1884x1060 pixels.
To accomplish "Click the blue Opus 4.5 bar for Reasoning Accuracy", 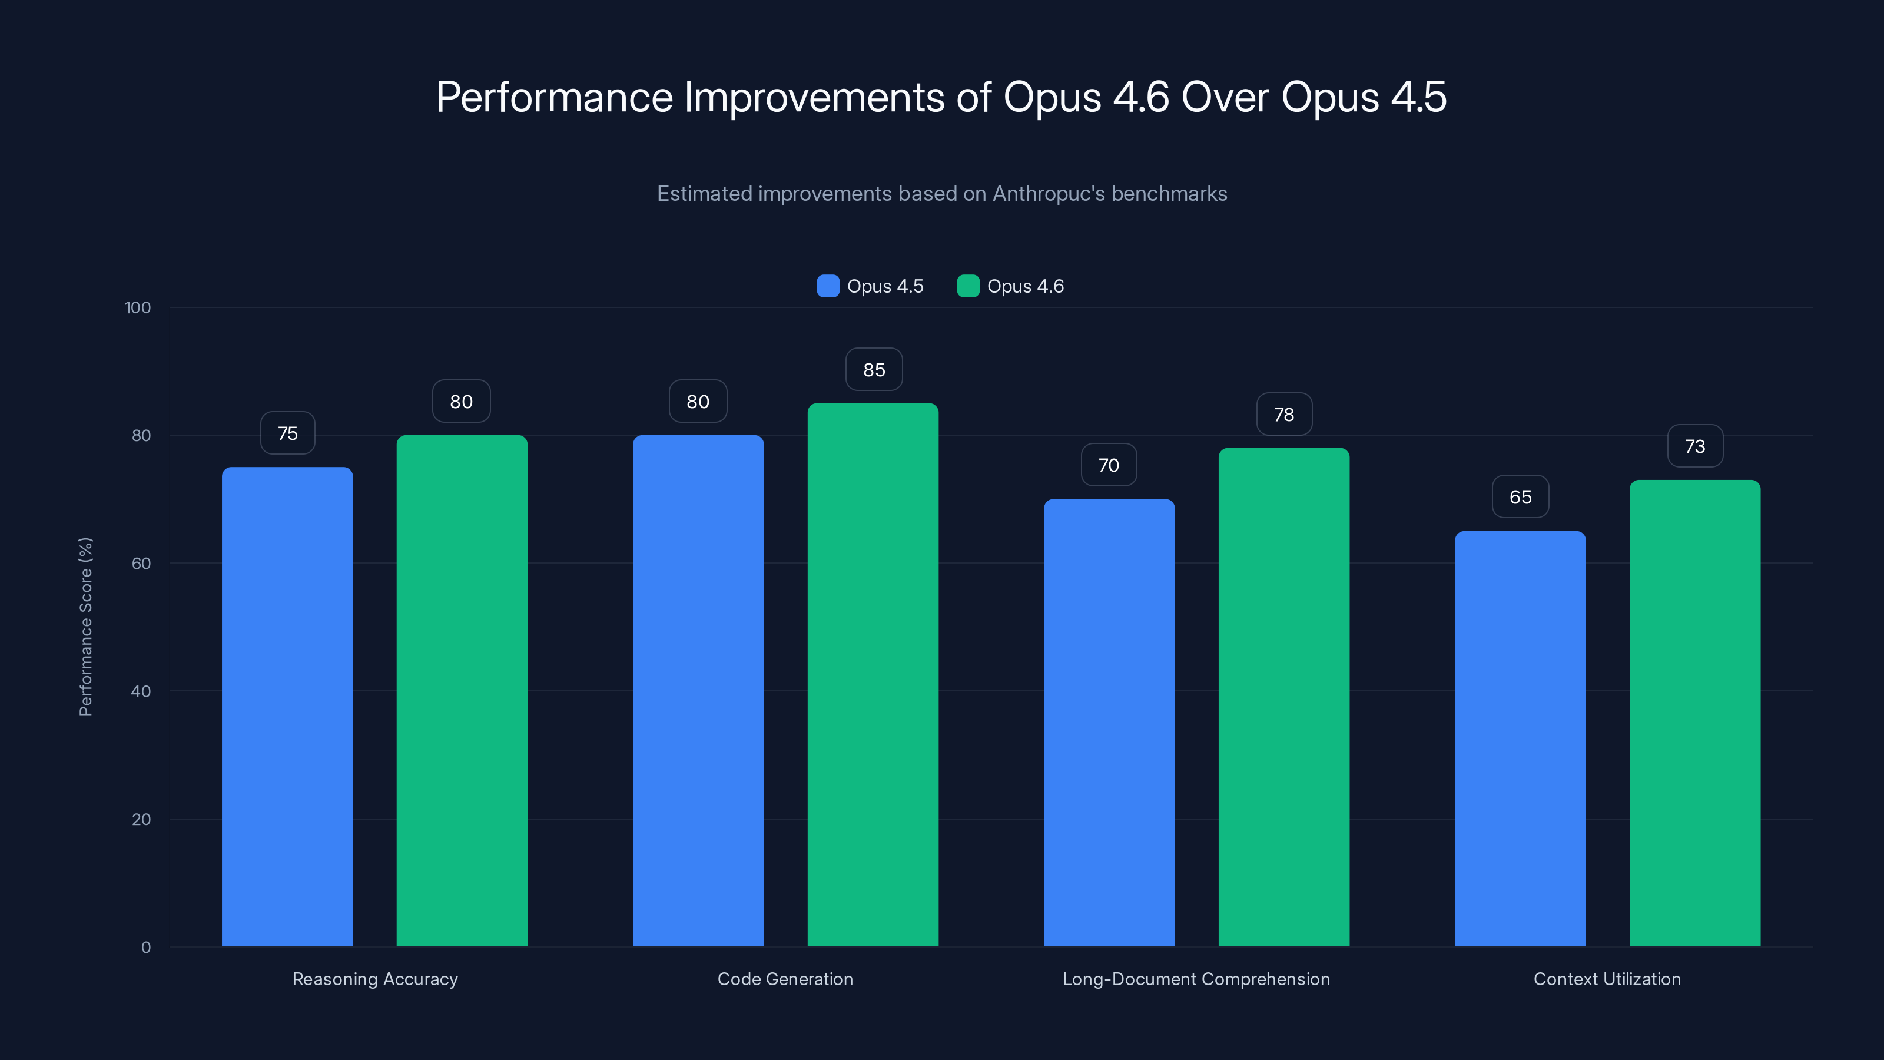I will [287, 706].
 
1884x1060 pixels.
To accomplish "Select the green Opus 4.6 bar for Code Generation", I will [873, 674].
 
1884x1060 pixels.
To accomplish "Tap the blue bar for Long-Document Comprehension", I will [1109, 722].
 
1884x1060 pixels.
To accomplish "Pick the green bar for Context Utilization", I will [1694, 713].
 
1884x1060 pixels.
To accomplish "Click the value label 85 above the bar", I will [874, 369].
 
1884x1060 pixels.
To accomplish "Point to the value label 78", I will [1283, 414].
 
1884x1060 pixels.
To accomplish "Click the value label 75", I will [287, 433].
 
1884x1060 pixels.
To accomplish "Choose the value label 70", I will [1109, 465].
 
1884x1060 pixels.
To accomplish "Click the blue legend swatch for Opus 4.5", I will [827, 286].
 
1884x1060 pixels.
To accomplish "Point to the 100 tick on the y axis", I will [138, 307].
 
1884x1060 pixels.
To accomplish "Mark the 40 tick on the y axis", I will [141, 691].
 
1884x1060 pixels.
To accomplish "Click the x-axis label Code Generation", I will [785, 979].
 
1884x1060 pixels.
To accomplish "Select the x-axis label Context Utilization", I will [1607, 979].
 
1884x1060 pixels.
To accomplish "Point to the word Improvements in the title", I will [814, 97].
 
